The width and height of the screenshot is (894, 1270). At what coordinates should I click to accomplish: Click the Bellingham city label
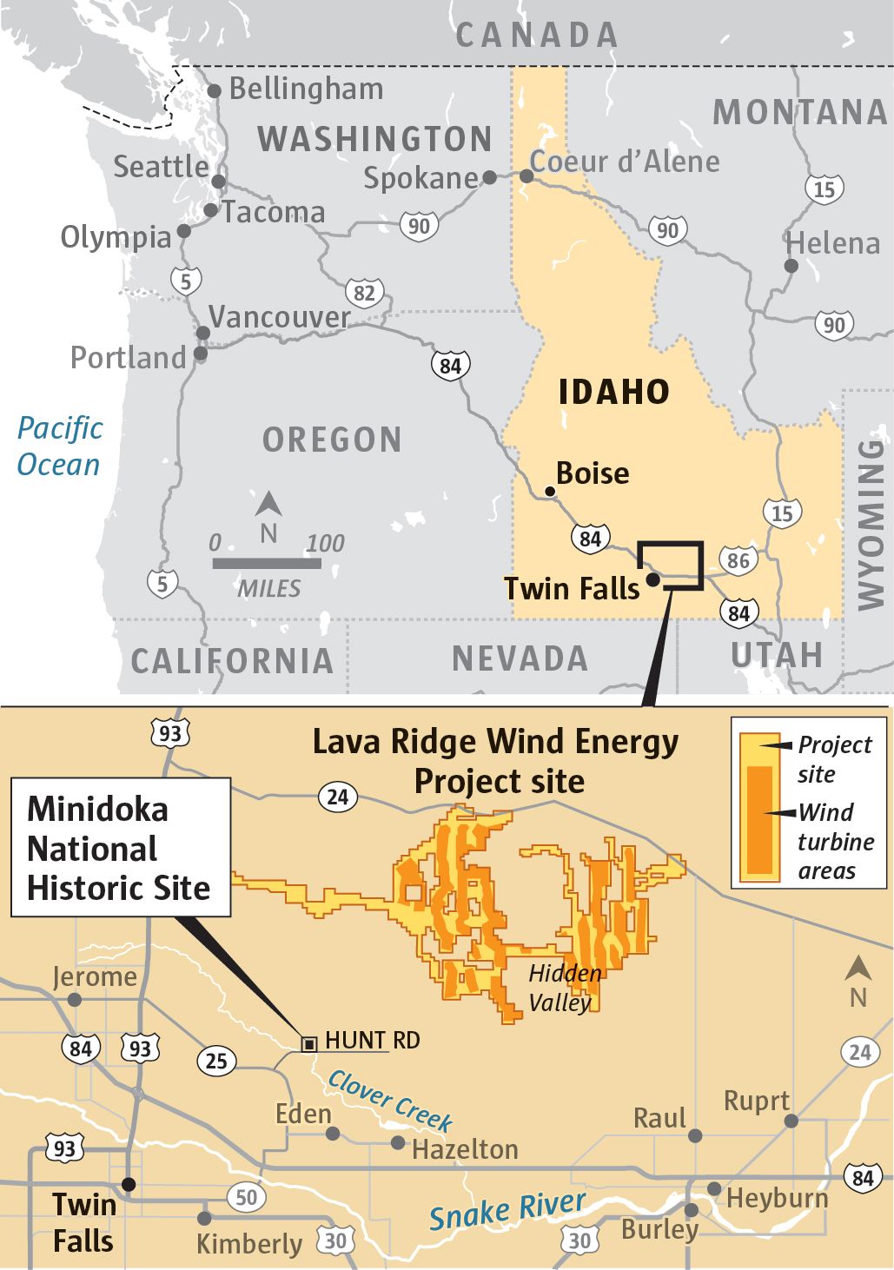click(305, 89)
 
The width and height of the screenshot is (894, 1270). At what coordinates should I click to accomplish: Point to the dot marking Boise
click(549, 492)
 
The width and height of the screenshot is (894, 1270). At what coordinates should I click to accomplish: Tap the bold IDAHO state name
click(613, 392)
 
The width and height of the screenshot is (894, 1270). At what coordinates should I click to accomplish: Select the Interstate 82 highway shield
click(364, 293)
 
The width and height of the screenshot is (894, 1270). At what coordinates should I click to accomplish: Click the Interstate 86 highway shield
click(738, 560)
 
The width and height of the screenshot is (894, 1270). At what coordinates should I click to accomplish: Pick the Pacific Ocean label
click(59, 446)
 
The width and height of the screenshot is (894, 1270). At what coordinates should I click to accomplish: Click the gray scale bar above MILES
click(267, 564)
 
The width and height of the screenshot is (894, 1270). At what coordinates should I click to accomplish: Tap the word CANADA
click(537, 36)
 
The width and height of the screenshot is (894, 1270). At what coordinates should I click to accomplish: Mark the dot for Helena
click(791, 266)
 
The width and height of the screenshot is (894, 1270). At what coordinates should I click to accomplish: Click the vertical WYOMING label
click(870, 524)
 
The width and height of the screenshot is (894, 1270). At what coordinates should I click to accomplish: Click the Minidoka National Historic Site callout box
click(120, 848)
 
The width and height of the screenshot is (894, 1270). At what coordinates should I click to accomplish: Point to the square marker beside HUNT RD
click(308, 1043)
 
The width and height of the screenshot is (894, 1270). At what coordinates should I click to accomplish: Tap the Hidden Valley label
click(564, 988)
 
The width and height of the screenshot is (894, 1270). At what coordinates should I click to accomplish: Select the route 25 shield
click(216, 1060)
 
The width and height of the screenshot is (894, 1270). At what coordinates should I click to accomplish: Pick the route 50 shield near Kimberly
click(247, 1197)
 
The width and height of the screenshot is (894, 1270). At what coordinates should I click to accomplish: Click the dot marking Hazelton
click(398, 1143)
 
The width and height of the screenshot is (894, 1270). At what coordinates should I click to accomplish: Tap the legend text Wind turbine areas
click(836, 842)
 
